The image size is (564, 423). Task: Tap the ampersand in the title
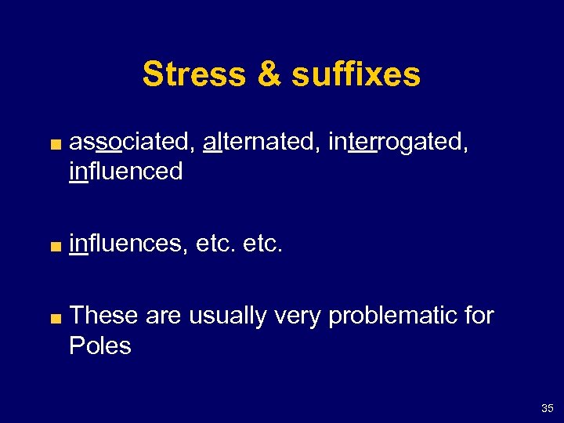pyautogui.click(x=267, y=75)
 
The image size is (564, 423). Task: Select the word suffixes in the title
pyautogui.click(x=356, y=75)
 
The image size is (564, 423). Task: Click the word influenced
pyautogui.click(x=125, y=171)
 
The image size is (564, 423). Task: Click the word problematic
pyautogui.click(x=395, y=316)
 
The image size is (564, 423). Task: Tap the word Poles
pyautogui.click(x=100, y=345)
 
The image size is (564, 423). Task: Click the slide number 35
pyautogui.click(x=547, y=408)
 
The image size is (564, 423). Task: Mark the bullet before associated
pyautogui.click(x=56, y=143)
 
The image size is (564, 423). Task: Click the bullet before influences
pyautogui.click(x=56, y=245)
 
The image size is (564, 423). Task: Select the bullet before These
pyautogui.click(x=56, y=317)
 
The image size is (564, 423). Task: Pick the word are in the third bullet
pyautogui.click(x=163, y=316)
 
